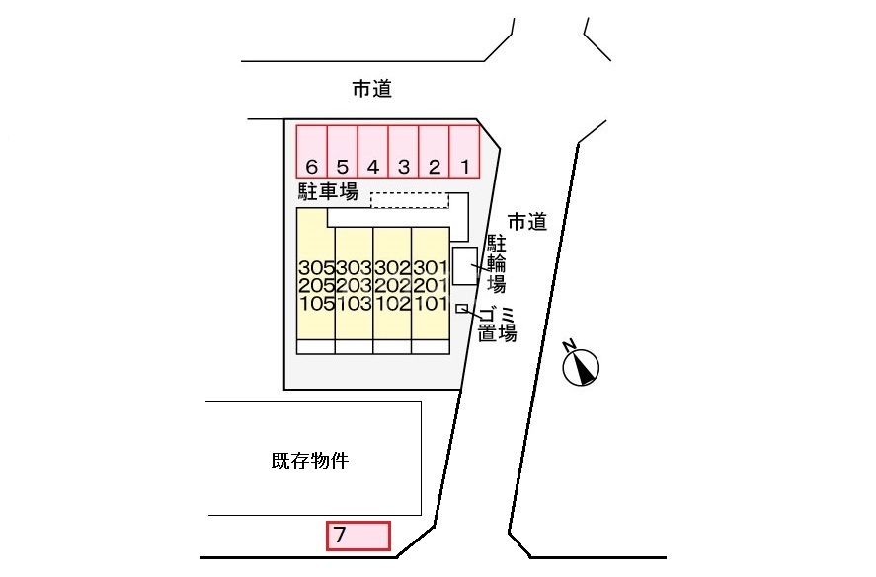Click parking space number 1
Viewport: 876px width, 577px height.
click(x=465, y=151)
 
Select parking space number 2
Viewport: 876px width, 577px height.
click(x=435, y=151)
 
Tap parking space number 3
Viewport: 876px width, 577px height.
click(x=404, y=151)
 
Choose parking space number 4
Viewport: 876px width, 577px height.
click(x=373, y=151)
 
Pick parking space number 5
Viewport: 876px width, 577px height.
click(x=343, y=151)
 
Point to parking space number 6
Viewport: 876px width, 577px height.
click(x=312, y=151)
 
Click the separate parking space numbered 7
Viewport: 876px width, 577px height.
click(x=359, y=536)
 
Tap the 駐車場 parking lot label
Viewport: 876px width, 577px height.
click(x=327, y=190)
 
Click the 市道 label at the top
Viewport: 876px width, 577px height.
click(x=372, y=89)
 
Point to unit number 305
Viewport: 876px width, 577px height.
click(x=316, y=268)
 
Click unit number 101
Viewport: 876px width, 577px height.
click(x=431, y=304)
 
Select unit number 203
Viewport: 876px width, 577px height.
click(x=355, y=286)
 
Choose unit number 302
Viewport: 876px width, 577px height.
click(x=392, y=268)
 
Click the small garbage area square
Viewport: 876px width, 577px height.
click(x=461, y=309)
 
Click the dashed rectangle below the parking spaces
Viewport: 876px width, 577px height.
click(x=408, y=200)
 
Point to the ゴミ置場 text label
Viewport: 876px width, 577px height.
click(x=497, y=325)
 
